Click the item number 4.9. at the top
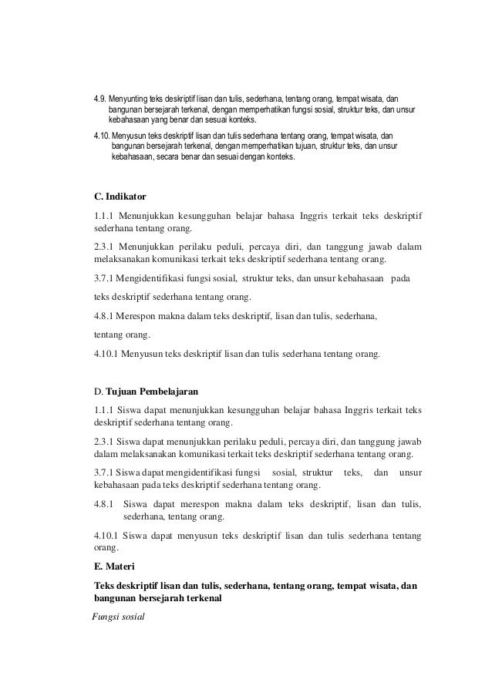click(x=99, y=99)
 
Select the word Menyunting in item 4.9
click(x=130, y=99)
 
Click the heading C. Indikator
click(x=115, y=197)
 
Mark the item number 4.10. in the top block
click(x=101, y=136)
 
